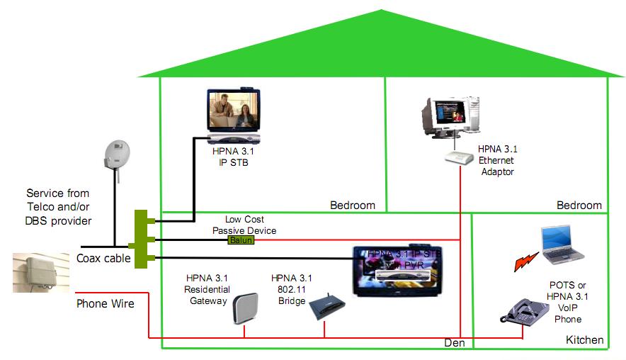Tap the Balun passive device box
[x=241, y=241]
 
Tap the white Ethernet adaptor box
[x=458, y=158]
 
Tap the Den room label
[x=454, y=343]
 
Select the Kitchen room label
[x=584, y=340]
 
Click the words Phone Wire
[x=105, y=303]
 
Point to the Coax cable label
[x=103, y=259]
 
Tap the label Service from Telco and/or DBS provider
[x=58, y=206]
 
